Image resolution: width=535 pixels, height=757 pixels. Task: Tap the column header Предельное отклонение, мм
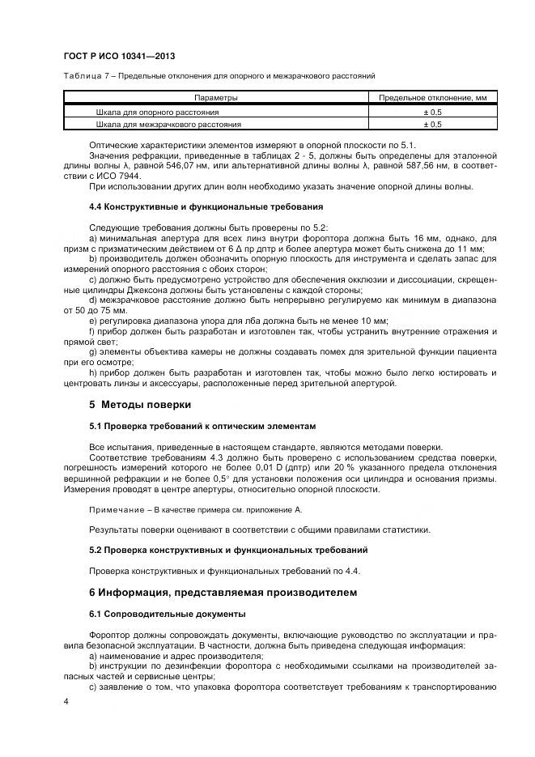coord(432,98)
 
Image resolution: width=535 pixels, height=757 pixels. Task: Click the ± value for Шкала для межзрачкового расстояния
coord(432,125)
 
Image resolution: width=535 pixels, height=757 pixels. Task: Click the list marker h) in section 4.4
coord(93,372)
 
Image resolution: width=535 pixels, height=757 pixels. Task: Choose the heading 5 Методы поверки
coord(140,404)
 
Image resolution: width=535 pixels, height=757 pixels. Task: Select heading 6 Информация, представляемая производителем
coord(222,593)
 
